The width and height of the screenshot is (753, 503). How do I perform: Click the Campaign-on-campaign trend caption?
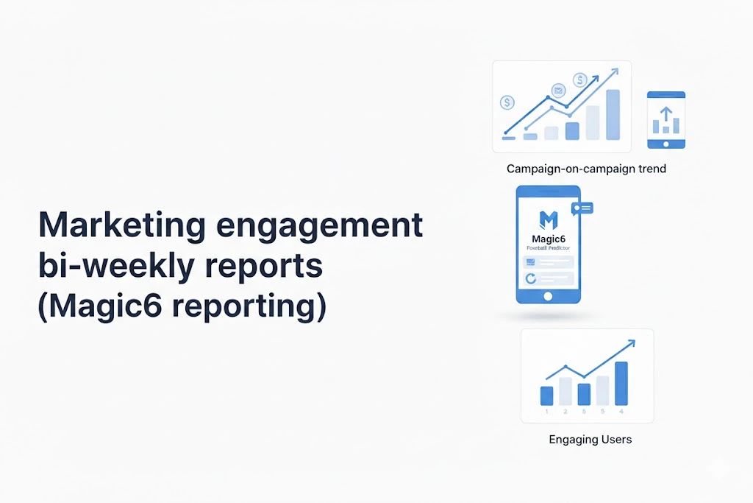tap(586, 169)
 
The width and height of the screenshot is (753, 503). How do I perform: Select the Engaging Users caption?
tap(590, 440)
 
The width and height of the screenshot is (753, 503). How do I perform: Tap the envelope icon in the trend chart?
tap(558, 91)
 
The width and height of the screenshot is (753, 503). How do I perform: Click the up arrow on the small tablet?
tap(665, 113)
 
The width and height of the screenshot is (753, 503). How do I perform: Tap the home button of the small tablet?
tap(665, 143)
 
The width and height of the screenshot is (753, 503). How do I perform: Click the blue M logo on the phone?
tap(549, 219)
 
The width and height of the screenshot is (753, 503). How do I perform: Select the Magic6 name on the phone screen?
tap(548, 239)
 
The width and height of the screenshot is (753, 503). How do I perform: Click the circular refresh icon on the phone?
tap(529, 278)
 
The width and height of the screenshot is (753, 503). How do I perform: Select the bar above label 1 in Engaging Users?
tap(546, 395)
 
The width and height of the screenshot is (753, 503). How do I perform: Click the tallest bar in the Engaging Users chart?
tap(621, 383)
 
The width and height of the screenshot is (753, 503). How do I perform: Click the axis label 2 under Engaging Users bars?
tap(565, 411)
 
